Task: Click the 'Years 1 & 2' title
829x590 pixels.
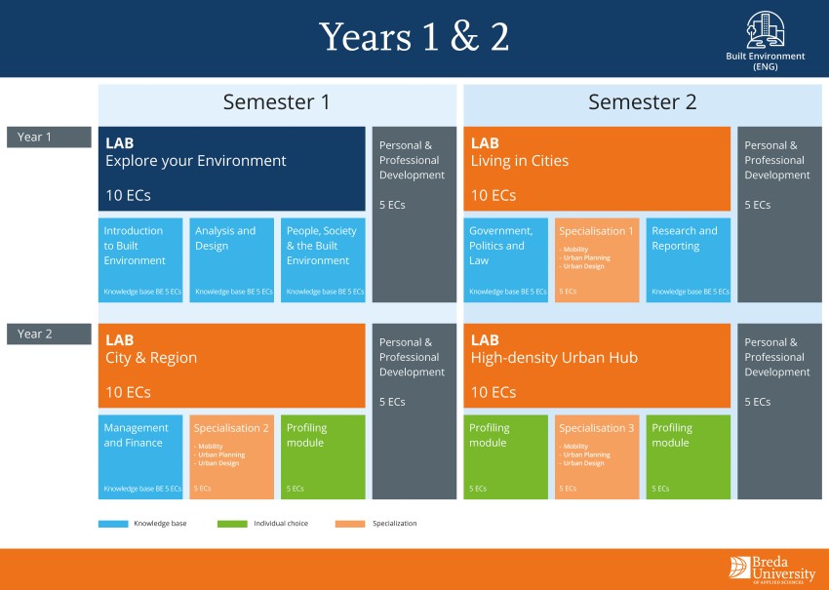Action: (414, 37)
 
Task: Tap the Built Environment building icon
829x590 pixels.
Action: (765, 29)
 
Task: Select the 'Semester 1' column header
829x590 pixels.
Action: (277, 102)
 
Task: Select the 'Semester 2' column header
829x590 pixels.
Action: (642, 102)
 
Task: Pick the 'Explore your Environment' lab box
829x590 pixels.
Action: (231, 168)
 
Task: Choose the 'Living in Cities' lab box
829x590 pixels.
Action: (596, 168)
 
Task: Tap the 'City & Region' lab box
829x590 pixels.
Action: (231, 365)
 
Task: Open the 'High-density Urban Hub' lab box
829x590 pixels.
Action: (596, 365)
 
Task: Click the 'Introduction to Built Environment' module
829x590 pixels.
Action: (140, 259)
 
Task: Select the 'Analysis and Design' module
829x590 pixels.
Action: (231, 259)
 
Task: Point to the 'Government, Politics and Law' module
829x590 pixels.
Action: (506, 259)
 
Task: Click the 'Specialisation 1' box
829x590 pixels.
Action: (596, 259)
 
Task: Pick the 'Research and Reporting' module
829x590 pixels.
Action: (688, 259)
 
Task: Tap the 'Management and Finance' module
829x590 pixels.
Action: (140, 456)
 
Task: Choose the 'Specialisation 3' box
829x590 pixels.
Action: (596, 456)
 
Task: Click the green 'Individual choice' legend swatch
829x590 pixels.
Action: (233, 524)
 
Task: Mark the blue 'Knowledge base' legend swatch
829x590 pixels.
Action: (113, 524)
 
